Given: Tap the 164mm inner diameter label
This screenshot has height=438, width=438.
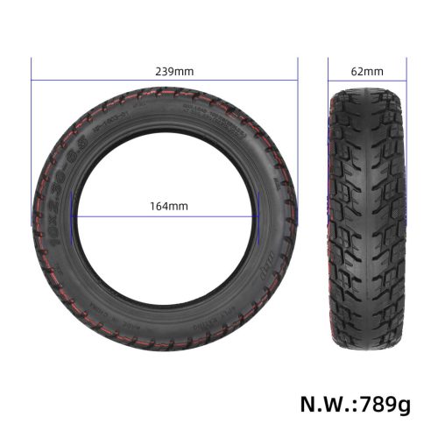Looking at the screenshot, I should pyautogui.click(x=168, y=206).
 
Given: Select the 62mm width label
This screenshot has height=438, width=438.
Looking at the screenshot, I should pyautogui.click(x=367, y=70).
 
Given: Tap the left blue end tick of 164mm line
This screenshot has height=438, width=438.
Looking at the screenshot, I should pyautogui.click(x=75, y=215).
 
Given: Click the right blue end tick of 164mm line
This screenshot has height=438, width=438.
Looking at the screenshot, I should pyautogui.click(x=259, y=215).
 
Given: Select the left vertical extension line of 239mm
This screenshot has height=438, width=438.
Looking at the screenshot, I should pyautogui.click(x=32, y=131).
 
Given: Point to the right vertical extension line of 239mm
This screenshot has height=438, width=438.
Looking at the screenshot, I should pyautogui.click(x=298, y=131).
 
